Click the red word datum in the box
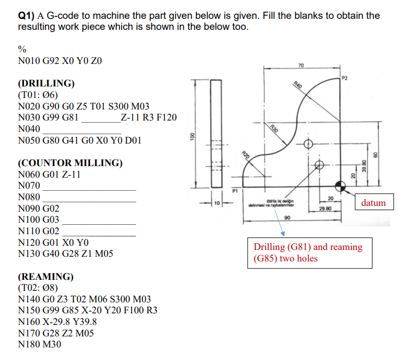click(x=373, y=203)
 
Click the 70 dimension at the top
click(x=300, y=65)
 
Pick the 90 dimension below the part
click(x=287, y=217)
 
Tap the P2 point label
click(x=344, y=78)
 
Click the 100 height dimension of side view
click(x=192, y=135)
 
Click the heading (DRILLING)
click(x=46, y=83)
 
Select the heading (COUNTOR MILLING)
click(x=70, y=163)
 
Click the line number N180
click(x=29, y=345)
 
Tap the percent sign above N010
click(x=22, y=49)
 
